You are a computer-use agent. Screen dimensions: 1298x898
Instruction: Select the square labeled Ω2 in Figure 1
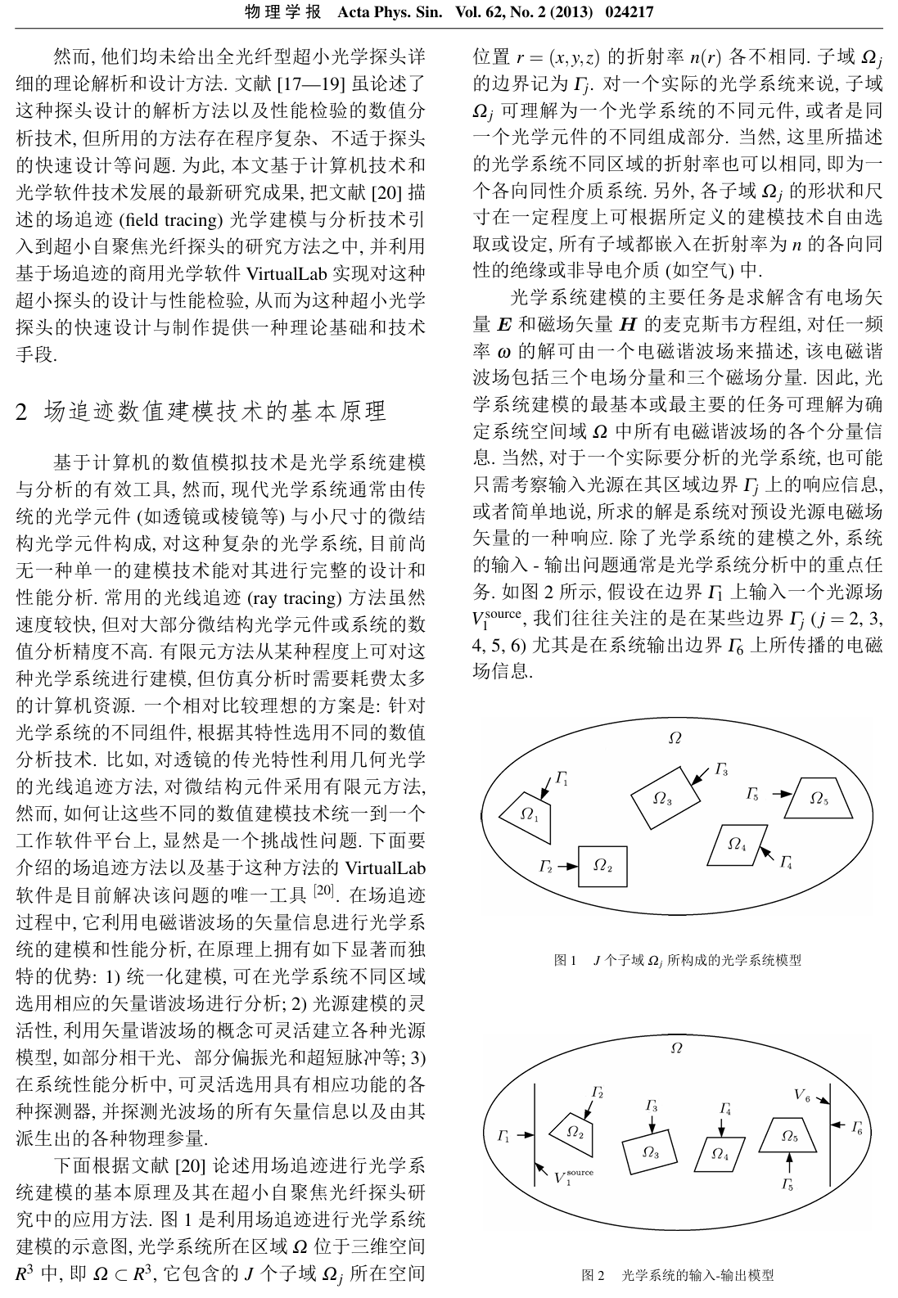[602, 866]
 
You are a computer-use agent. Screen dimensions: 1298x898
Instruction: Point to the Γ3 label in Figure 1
[721, 768]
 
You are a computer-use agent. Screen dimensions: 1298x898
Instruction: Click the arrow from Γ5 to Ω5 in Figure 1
[781, 794]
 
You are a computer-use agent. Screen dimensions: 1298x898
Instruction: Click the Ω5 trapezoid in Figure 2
[788, 1135]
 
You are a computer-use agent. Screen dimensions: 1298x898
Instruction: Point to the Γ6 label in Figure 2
[856, 1128]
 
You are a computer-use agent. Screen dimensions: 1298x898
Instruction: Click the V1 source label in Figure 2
[573, 1178]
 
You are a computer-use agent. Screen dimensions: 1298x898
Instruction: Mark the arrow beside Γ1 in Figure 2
[525, 1135]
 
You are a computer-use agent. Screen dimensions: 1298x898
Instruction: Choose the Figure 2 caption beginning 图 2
[677, 1275]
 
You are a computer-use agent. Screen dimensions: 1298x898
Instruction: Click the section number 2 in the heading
[23, 411]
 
